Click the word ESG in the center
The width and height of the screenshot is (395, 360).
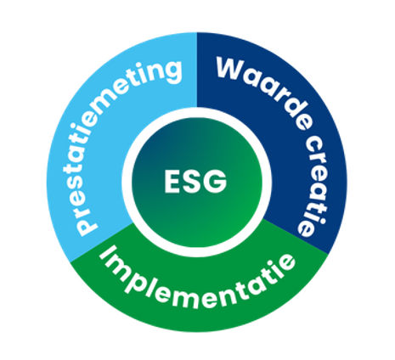195,181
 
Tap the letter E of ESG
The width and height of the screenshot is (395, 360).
172,181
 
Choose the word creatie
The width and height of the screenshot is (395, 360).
312,186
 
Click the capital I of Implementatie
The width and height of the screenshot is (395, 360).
109,256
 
